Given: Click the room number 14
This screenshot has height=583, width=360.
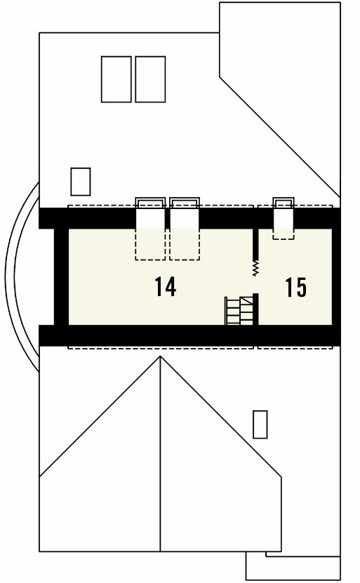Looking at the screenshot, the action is [x=165, y=287].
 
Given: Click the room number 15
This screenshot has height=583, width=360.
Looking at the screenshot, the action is [x=296, y=287].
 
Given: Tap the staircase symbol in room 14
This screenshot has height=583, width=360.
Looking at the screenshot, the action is [x=239, y=311].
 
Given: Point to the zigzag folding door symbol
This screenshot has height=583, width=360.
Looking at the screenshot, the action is [x=255, y=269].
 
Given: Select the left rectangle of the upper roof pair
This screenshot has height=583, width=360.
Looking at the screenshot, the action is [x=116, y=79].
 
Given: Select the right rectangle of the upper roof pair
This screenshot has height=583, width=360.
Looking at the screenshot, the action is [x=150, y=79].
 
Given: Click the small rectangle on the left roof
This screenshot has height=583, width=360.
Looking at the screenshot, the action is [x=81, y=182].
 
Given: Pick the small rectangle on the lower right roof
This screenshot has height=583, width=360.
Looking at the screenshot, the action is [x=260, y=424].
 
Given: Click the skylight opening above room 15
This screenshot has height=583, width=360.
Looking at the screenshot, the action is [x=284, y=219].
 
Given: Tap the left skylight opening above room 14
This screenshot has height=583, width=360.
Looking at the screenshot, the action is [x=150, y=229].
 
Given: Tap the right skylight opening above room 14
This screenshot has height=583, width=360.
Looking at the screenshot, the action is [x=185, y=229].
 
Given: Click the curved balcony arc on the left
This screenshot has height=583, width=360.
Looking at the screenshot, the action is [x=9, y=276].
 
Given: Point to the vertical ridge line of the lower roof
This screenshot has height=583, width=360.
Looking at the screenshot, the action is [x=160, y=454].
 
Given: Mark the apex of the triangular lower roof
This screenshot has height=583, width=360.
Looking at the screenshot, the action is [x=160, y=356].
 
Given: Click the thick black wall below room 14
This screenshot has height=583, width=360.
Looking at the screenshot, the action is [x=189, y=335].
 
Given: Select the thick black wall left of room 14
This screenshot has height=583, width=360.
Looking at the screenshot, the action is [x=61, y=276].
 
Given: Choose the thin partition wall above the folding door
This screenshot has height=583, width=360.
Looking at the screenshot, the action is [x=255, y=244].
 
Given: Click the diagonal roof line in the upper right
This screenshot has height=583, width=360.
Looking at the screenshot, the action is [x=280, y=138].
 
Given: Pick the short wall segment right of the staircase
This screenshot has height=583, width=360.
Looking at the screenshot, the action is [x=255, y=309].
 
